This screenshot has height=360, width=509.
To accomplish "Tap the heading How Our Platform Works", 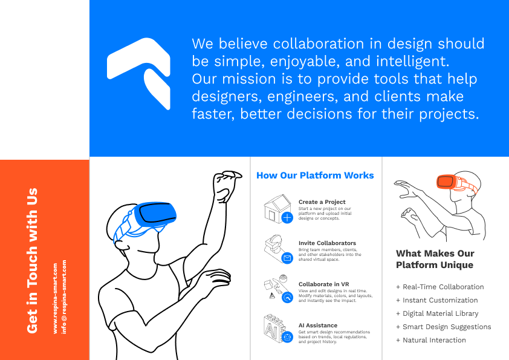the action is point(315,175).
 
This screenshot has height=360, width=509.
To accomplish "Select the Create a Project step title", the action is point(322,201).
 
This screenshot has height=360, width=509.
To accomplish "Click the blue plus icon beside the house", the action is point(287,217).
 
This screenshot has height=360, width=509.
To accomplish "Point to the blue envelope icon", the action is point(287,258).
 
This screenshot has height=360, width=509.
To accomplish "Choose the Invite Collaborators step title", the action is point(327,243).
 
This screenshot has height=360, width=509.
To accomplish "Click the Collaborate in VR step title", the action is point(323,284).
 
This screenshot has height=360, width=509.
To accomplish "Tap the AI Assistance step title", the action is point(318,326).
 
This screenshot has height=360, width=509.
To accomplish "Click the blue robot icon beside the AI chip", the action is point(287,337).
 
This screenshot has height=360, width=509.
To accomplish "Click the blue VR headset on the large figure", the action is point(155,214).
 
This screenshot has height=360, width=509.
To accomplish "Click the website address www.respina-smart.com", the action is point(55,298).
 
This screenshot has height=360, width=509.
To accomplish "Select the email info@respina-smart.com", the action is point(64,296).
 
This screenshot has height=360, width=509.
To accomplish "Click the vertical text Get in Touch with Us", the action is point(32,261).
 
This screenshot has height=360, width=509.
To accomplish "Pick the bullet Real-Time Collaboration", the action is point(440,287).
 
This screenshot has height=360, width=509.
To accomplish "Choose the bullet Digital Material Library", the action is point(437,313).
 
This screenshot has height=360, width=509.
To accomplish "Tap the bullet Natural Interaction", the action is point(431,340).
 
